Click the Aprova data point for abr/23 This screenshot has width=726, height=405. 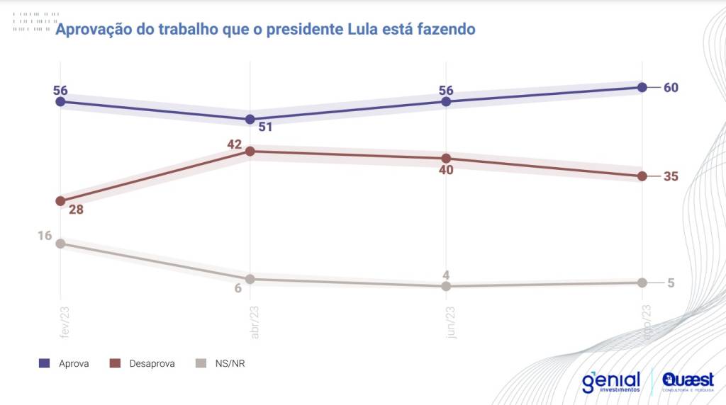(x=250, y=119)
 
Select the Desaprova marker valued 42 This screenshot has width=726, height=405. (x=250, y=152)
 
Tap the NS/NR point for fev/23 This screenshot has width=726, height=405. (x=60, y=244)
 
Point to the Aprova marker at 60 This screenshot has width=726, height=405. (x=642, y=87)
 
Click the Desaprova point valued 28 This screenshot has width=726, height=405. (x=60, y=201)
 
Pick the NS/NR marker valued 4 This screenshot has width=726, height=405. (x=446, y=286)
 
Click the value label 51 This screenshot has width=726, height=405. (x=265, y=127)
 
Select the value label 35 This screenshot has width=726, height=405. (x=671, y=176)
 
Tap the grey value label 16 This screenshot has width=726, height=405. (x=45, y=236)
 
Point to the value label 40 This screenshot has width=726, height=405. (x=445, y=170)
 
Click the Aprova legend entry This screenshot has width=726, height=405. (x=65, y=363)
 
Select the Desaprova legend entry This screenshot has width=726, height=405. (x=143, y=363)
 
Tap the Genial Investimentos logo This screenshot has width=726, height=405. (x=610, y=382)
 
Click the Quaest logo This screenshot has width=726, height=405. (x=688, y=382)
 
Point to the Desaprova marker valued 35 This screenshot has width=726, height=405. (x=642, y=176)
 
